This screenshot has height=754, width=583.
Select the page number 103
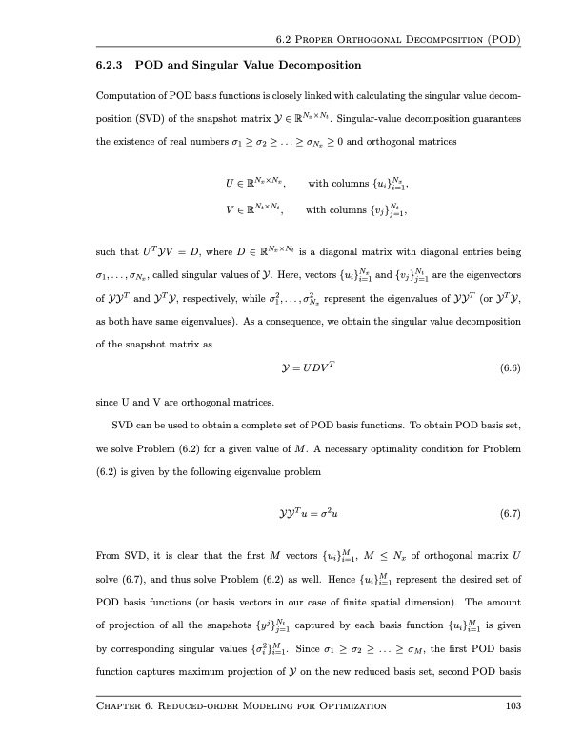click(x=513, y=732)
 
